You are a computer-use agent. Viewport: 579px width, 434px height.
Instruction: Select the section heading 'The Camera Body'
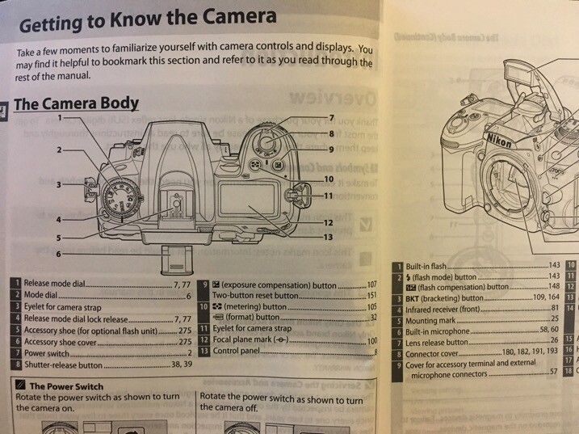[76, 104]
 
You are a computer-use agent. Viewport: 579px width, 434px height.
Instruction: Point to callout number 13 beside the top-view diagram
[328, 237]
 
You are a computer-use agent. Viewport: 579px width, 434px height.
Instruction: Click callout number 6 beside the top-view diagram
[58, 254]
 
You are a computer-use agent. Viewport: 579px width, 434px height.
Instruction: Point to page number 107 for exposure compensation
[371, 285]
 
